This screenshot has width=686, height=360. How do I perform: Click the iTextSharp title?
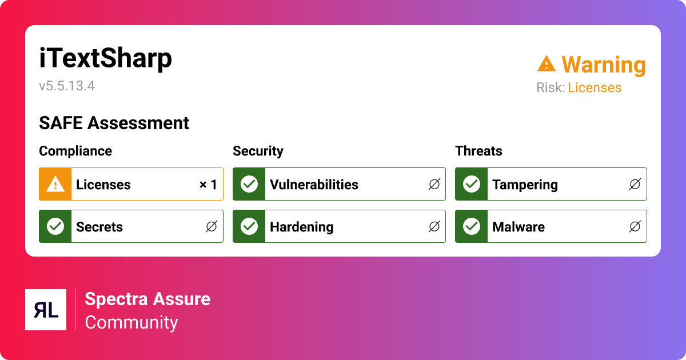105,58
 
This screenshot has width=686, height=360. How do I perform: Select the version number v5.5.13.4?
67,86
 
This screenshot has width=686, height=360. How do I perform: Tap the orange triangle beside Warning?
547,63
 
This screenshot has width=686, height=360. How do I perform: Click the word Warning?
604,65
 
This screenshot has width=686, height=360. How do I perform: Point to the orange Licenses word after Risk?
595,87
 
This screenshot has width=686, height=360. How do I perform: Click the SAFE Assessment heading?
114,123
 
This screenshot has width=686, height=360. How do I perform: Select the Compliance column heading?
75,151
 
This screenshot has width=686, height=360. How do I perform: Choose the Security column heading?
258,151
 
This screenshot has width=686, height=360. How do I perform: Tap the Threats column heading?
478,151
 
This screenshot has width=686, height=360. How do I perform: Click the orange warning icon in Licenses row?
55,184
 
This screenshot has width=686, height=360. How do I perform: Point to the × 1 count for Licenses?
208,184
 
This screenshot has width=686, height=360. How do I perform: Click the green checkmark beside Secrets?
55,226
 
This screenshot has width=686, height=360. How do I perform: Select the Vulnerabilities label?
314,185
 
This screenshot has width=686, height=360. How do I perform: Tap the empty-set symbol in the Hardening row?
434,226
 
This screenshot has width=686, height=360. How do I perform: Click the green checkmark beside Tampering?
472,184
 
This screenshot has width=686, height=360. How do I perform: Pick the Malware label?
519,227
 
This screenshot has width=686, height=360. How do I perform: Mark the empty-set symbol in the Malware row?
635,226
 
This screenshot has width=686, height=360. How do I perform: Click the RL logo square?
46,310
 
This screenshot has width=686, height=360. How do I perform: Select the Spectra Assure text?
147,299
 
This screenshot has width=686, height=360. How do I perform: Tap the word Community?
131,323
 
